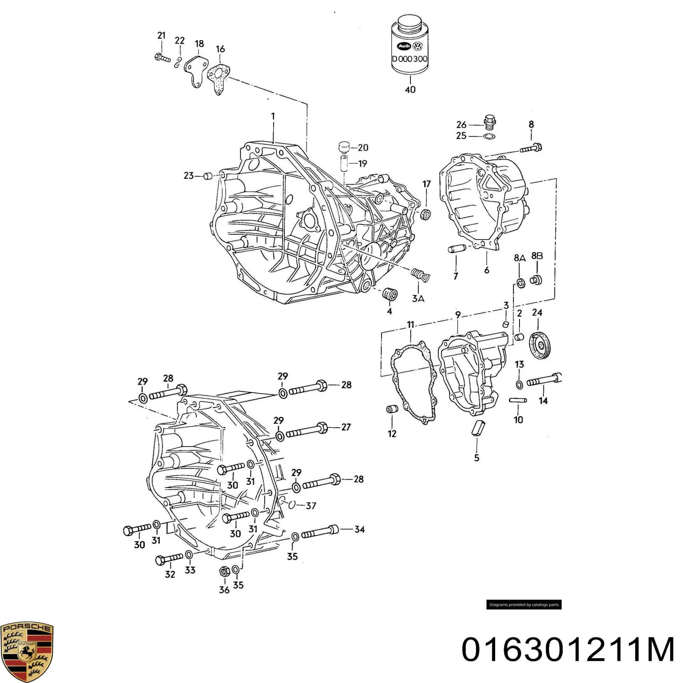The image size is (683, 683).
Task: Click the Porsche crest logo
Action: point(26,652)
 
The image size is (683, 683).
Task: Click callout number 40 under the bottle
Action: point(410,90)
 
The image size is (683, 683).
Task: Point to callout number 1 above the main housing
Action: point(273,116)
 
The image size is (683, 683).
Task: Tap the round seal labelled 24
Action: point(540,344)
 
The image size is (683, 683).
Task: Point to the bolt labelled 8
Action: point(531,148)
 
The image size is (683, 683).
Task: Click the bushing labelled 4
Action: point(390,295)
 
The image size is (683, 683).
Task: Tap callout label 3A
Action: point(418,299)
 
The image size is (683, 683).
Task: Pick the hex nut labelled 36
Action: point(223,570)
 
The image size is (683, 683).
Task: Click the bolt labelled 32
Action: point(170,558)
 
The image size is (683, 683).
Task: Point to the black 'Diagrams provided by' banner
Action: point(524,605)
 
